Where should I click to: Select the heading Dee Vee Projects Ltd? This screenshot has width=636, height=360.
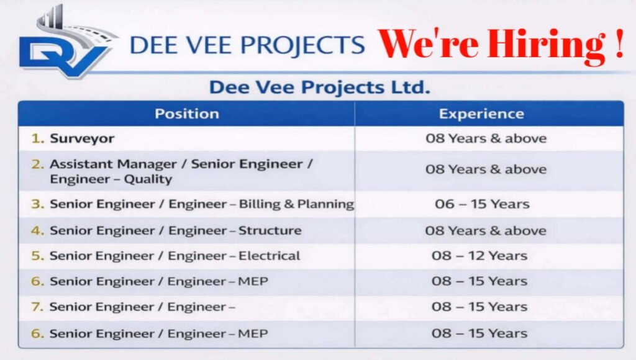coord(319,88)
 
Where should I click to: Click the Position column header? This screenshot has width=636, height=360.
coord(186,114)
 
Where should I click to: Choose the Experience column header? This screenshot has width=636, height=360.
coord(481,114)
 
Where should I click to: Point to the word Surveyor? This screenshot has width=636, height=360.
coord(82,139)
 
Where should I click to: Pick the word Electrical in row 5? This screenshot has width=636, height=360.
coord(269,256)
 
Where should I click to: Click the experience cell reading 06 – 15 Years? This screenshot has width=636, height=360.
coord(481,204)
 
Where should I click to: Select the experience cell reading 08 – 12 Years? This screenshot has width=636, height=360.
coord(479,256)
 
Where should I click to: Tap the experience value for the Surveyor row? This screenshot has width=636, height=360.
coord(486,139)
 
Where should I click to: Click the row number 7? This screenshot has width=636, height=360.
coord(38,307)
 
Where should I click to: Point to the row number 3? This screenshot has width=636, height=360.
coord(38,204)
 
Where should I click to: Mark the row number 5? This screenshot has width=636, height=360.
coord(38,256)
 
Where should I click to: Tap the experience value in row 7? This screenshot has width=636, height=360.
coord(479,307)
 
